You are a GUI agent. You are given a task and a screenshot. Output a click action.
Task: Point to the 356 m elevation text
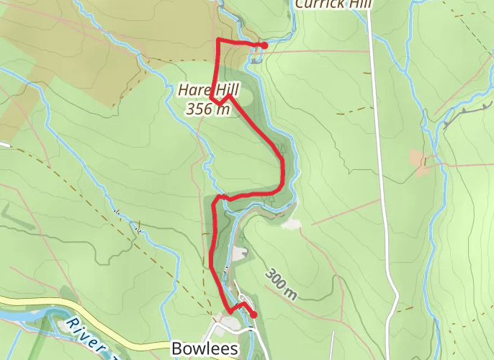(x=207, y=109)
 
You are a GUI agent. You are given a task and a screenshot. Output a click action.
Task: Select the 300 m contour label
(x=281, y=284)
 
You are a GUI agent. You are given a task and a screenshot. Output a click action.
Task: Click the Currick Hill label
(x=333, y=4)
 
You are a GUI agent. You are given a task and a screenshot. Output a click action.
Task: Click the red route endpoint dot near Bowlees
(x=253, y=315)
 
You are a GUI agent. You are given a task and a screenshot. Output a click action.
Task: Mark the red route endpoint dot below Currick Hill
(x=264, y=45)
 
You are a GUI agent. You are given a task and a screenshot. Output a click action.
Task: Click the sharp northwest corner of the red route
(x=218, y=40)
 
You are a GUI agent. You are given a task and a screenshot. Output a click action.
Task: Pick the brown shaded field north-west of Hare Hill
(x=86, y=43)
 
